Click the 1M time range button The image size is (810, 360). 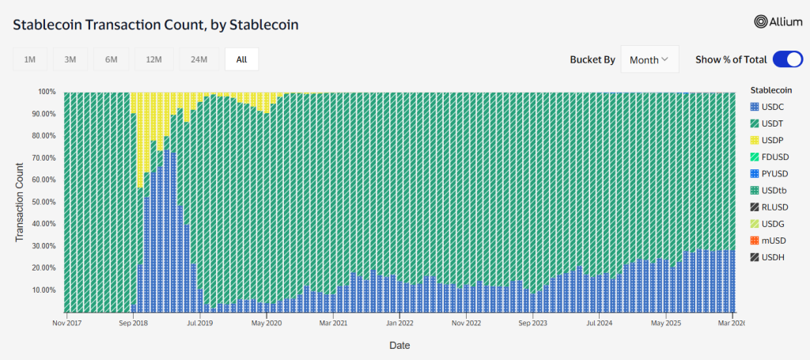[x=29, y=59]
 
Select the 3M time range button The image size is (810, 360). [x=70, y=59]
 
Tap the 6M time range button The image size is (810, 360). [x=111, y=59]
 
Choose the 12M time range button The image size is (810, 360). [x=153, y=59]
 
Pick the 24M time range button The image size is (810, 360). [x=199, y=59]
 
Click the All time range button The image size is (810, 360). [x=241, y=59]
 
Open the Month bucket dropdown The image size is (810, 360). [x=649, y=59]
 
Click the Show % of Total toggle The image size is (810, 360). [x=787, y=59]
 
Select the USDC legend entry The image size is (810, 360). [x=773, y=106]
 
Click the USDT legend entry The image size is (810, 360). [x=773, y=123]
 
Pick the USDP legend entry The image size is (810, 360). [x=773, y=139]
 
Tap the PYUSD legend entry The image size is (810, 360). [x=773, y=173]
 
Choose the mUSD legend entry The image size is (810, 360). [x=773, y=240]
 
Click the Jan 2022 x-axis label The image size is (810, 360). [x=400, y=323]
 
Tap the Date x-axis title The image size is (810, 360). [x=399, y=346]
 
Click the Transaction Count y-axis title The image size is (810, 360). [x=21, y=202]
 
